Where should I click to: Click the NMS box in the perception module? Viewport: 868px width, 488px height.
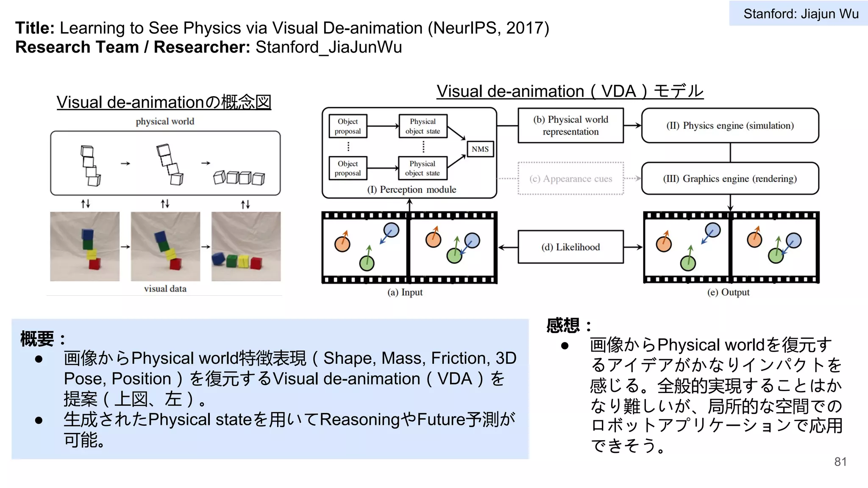coord(480,149)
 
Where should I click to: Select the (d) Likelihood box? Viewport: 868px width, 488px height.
coord(570,247)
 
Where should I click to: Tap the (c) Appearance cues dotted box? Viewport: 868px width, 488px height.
coord(570,179)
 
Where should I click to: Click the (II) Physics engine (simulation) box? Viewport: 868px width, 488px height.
coord(730,125)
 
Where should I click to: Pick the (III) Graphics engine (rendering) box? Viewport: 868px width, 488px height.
coord(730,179)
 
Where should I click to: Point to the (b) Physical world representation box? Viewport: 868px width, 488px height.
coord(570,125)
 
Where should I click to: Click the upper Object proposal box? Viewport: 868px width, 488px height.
coord(348,126)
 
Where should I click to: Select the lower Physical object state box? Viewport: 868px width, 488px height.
coord(422,168)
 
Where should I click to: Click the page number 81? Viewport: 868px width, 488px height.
coord(840,462)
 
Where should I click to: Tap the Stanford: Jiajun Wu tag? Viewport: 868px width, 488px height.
coord(800,14)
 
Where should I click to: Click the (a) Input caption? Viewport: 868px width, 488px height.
coord(405,292)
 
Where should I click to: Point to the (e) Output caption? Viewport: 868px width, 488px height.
coord(728,292)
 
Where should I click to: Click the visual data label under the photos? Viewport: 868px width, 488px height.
coord(165,289)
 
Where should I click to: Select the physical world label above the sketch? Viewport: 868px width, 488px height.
coord(165,122)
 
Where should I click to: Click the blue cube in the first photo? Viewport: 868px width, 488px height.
coord(87,234)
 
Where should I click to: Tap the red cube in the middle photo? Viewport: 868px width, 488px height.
coord(175,264)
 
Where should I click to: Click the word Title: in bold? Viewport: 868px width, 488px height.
coord(35,28)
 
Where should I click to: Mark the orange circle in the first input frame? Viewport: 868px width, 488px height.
coord(342,244)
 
